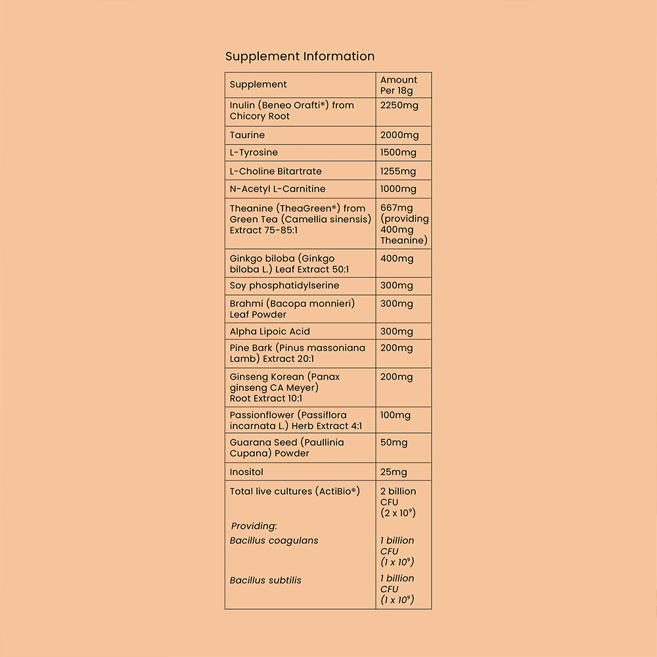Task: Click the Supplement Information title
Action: [300, 57]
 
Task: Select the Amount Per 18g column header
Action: [399, 85]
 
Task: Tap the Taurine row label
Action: [247, 135]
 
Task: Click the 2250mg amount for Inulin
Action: [399, 106]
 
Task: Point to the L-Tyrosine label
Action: [254, 153]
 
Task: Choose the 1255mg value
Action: [398, 171]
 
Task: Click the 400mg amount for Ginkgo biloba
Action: [397, 259]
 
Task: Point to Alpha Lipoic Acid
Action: [269, 332]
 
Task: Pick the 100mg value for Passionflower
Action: [396, 415]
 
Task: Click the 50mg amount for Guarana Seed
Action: [394, 443]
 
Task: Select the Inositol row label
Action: [246, 472]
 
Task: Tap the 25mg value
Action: [394, 472]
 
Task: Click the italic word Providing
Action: [254, 526]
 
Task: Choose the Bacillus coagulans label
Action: [274, 541]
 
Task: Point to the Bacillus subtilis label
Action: [265, 581]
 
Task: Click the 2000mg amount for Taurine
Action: [399, 135]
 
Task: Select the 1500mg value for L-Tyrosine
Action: [398, 153]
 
